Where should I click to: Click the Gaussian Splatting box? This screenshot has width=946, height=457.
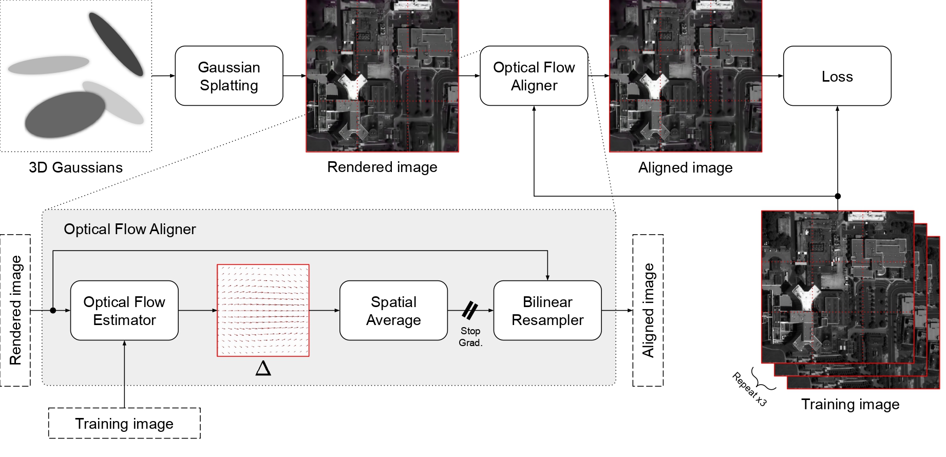(x=229, y=76)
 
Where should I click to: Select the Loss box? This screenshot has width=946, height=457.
(x=837, y=76)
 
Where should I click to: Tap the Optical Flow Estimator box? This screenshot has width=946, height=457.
(x=124, y=311)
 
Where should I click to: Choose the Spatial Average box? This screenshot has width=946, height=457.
(x=393, y=311)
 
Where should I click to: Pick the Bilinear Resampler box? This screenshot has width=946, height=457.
(x=547, y=311)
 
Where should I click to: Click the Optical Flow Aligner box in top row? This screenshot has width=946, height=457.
(x=534, y=76)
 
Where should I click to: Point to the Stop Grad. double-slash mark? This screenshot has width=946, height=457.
(x=470, y=310)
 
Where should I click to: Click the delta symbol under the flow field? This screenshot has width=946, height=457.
(x=263, y=368)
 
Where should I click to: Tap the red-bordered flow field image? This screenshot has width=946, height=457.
(x=263, y=310)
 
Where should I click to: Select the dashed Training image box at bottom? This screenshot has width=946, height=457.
(x=124, y=424)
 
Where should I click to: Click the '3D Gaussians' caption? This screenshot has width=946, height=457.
(x=75, y=167)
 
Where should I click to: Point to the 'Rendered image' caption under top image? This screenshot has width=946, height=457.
(x=382, y=167)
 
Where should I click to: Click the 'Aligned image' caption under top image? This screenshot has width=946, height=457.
(x=685, y=168)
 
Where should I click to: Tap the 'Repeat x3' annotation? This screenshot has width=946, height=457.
(x=749, y=389)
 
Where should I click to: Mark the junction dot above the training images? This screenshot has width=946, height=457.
(x=838, y=196)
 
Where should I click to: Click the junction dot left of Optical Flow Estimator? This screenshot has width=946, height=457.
(x=53, y=311)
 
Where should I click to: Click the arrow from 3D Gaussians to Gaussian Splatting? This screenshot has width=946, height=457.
(x=163, y=76)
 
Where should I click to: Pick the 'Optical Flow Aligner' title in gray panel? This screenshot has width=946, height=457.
(x=129, y=229)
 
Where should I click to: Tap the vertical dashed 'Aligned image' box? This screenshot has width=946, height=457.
(x=648, y=310)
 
